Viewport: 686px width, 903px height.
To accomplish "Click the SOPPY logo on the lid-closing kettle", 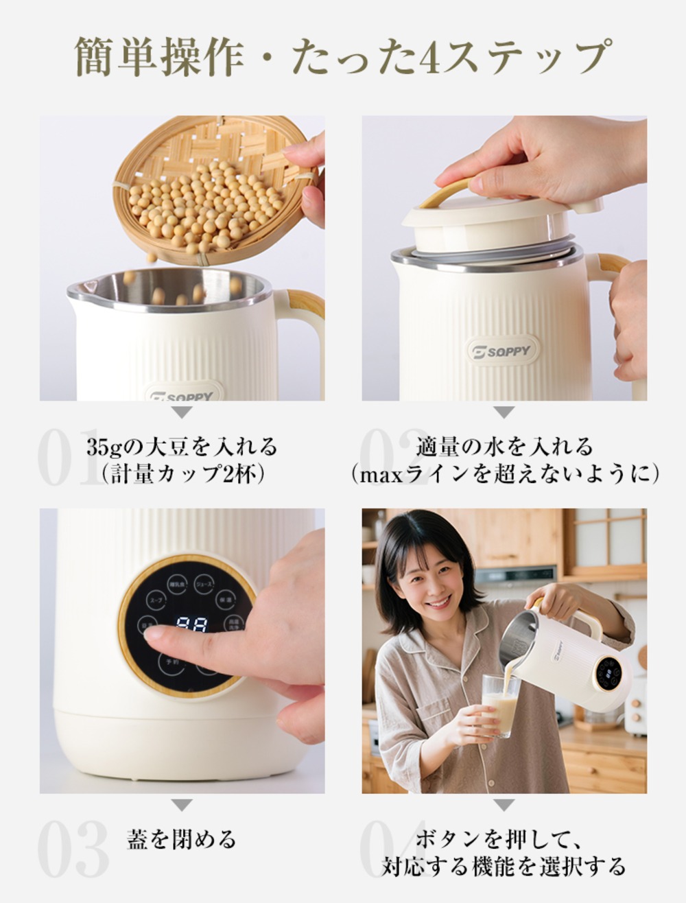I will [x=504, y=351].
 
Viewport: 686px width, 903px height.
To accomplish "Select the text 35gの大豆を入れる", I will [x=182, y=447].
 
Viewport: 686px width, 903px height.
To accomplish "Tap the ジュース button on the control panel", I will [x=204, y=584].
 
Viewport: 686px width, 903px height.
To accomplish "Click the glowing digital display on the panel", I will [x=191, y=624].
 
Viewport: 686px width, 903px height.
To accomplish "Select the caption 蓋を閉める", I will [x=182, y=838].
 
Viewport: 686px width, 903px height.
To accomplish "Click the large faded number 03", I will [x=72, y=849].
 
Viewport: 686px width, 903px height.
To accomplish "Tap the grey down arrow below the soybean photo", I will [x=182, y=412].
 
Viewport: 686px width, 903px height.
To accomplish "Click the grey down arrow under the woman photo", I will [x=504, y=804].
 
